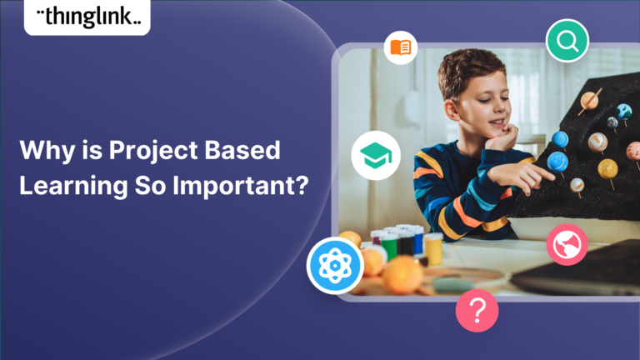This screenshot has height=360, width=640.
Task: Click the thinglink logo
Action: [87, 17]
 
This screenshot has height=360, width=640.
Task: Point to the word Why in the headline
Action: [39, 152]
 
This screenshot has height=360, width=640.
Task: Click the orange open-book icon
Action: [401, 47]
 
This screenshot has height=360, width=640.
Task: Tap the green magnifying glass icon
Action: [567, 40]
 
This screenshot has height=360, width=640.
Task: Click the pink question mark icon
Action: [477, 310]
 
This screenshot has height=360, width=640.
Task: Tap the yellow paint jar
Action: [433, 247]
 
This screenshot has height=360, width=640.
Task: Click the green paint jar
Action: [389, 246]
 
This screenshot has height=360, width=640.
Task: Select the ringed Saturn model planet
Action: [589, 100]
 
